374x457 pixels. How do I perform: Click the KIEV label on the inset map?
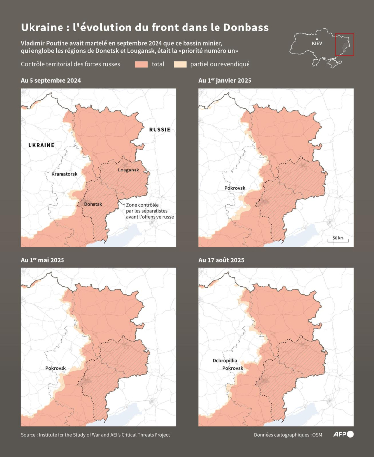pyautogui.click(x=317, y=44)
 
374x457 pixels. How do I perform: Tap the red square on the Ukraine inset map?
pyautogui.click(x=344, y=45)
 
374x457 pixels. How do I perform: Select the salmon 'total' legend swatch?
pyautogui.click(x=142, y=64)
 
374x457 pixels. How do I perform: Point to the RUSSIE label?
pyautogui.click(x=159, y=130)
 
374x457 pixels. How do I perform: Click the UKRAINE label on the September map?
pyautogui.click(x=41, y=145)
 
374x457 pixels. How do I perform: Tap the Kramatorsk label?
pyautogui.click(x=64, y=174)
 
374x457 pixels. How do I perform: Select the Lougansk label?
pyautogui.click(x=128, y=170)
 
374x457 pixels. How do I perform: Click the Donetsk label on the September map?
pyautogui.click(x=93, y=204)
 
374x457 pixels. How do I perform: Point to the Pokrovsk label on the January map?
pyautogui.click(x=235, y=188)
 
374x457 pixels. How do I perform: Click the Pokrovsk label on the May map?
pyautogui.click(x=56, y=368)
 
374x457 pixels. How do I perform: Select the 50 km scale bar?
pyautogui.click(x=338, y=239)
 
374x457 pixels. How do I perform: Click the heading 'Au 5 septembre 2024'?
pyautogui.click(x=51, y=80)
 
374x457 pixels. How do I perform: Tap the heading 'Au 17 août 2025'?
pyautogui.click(x=221, y=260)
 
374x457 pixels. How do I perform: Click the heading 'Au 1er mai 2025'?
pyautogui.click(x=42, y=260)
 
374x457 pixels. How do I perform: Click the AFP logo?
pyautogui.click(x=343, y=434)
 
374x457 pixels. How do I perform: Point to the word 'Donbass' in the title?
pyautogui.click(x=245, y=28)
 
